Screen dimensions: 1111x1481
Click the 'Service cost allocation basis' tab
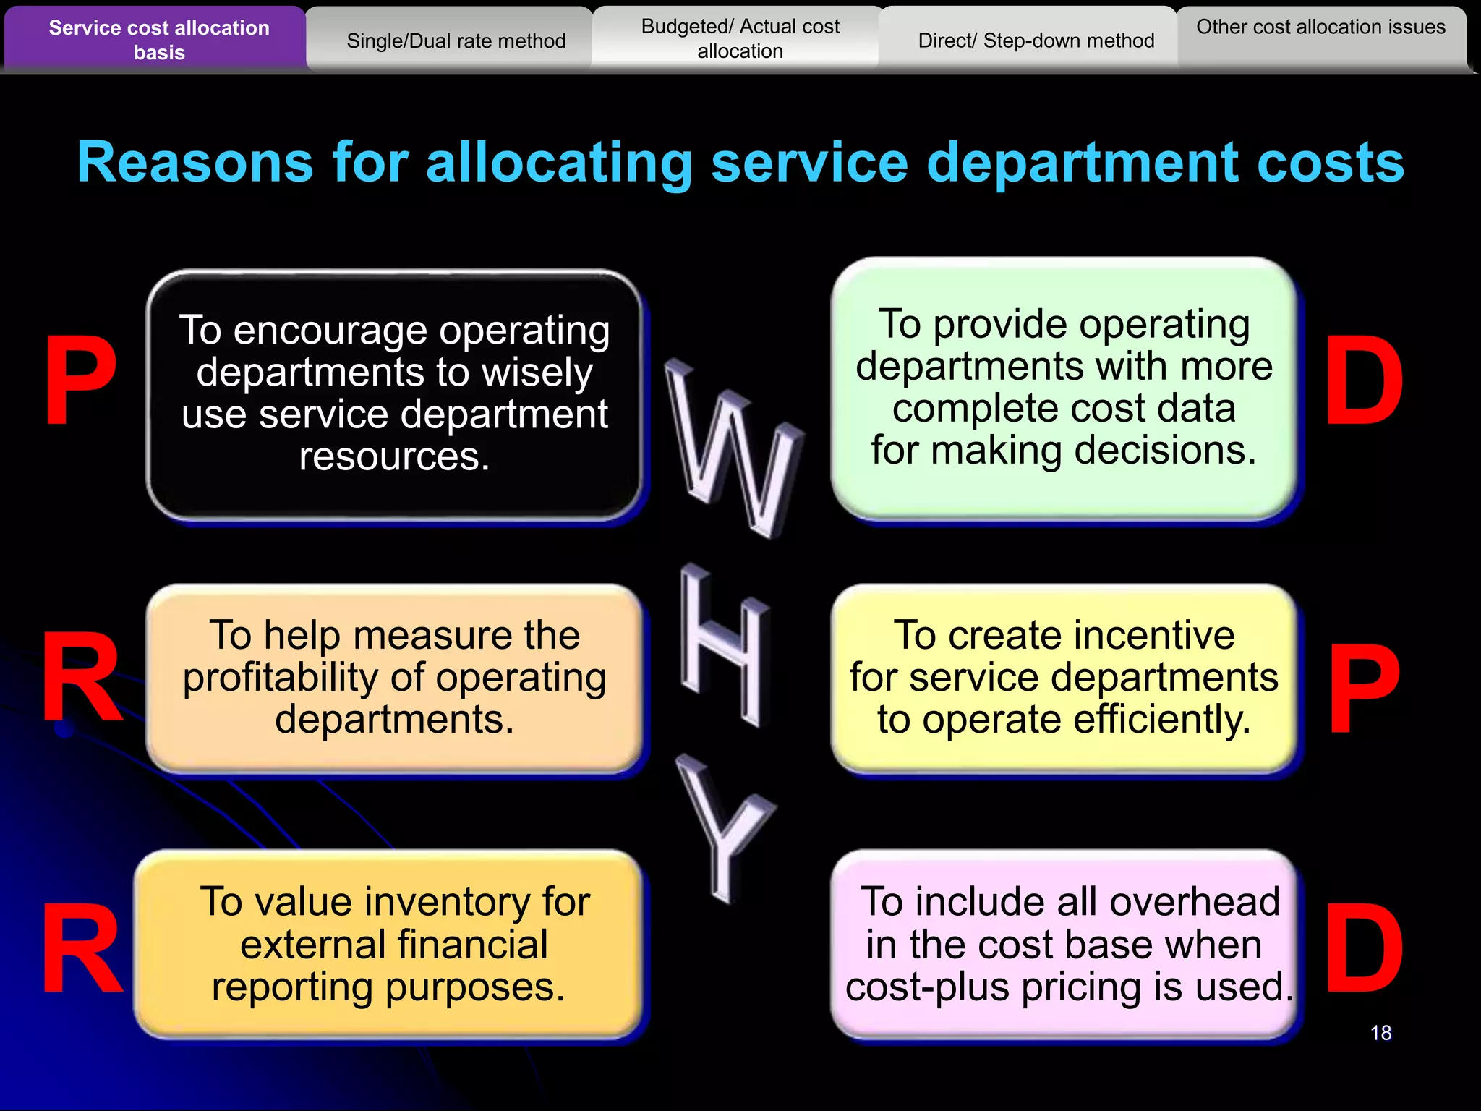[x=158, y=40]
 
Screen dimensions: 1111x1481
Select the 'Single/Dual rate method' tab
[x=456, y=41]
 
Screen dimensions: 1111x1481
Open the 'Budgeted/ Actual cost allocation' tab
[x=740, y=39]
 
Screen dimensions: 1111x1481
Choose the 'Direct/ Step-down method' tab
[x=1036, y=41]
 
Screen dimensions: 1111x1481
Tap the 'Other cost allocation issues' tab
[x=1320, y=27]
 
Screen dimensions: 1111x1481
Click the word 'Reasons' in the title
[x=195, y=163]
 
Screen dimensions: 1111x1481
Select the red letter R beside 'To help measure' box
[x=81, y=678]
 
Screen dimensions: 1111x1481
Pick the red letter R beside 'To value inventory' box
[x=81, y=949]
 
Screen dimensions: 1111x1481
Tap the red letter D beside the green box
[x=1364, y=381]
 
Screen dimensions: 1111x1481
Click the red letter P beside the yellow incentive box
[x=1364, y=688]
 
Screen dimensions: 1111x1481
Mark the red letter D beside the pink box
[x=1364, y=949]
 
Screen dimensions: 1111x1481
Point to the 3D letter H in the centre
[x=723, y=644]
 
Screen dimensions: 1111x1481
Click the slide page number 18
[x=1380, y=1033]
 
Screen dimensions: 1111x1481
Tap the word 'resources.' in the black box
[x=394, y=457]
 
